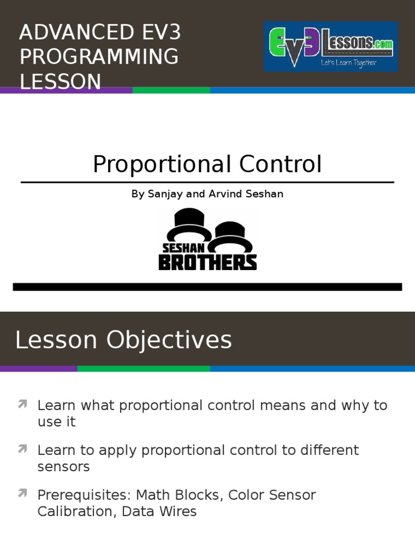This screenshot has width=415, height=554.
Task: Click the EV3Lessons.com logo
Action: point(331,47)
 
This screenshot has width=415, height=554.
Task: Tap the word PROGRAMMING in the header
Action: point(99,57)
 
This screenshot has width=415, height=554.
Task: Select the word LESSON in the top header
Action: point(61,82)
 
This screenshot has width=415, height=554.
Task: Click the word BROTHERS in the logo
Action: point(207,262)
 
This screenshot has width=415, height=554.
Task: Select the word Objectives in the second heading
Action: point(169,340)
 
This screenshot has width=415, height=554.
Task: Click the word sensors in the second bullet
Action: point(64,467)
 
